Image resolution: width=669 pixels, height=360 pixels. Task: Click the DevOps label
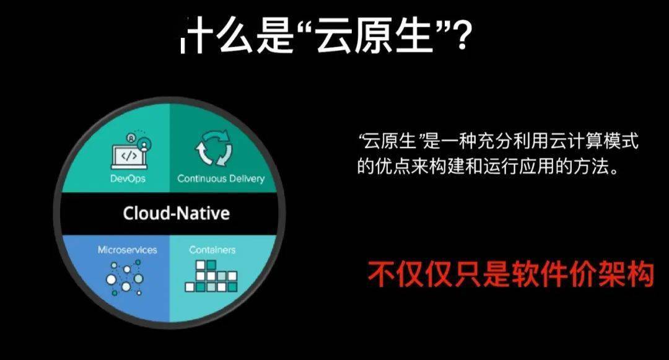[x=128, y=178]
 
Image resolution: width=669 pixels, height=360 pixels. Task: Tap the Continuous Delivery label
[x=221, y=178]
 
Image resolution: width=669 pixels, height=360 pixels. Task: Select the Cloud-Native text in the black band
[x=176, y=213]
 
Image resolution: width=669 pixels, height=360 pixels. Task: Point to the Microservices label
[x=127, y=250]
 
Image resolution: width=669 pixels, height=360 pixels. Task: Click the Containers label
[x=212, y=250]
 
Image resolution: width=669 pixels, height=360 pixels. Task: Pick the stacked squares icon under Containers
[x=211, y=276]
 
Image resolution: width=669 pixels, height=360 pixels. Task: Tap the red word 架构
[x=626, y=274]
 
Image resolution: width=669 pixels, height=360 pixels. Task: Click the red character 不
[x=382, y=274]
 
